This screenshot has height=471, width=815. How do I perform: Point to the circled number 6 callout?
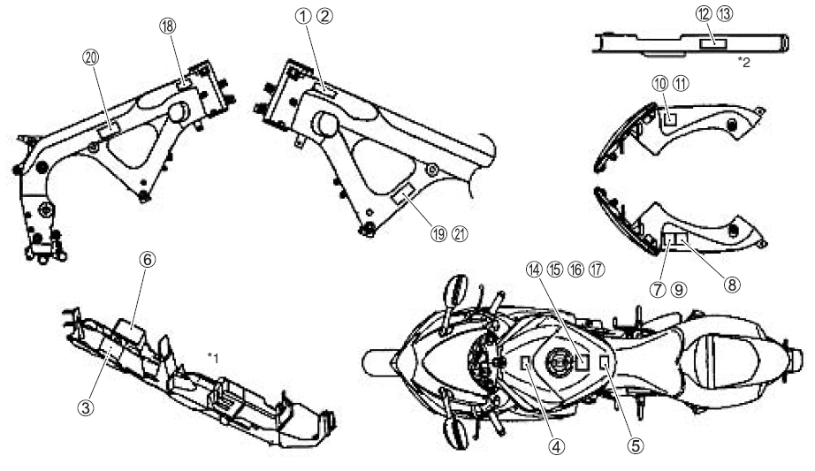[148, 261]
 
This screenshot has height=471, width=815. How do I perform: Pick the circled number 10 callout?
[662, 83]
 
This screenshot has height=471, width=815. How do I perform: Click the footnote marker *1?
[213, 356]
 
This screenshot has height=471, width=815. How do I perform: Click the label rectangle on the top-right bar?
[712, 42]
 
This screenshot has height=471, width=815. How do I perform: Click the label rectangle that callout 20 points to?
[110, 130]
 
